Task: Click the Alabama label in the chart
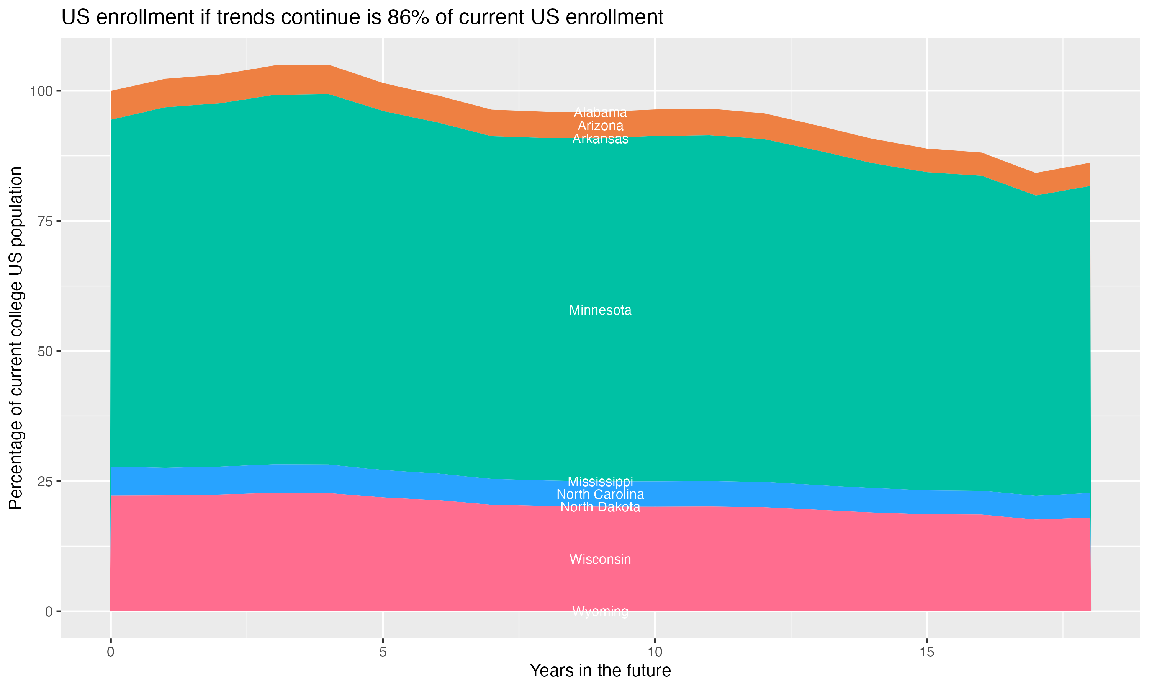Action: point(600,113)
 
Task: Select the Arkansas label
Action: point(600,139)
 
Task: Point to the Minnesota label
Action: point(600,310)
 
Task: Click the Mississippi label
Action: point(600,482)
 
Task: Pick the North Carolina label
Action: point(600,495)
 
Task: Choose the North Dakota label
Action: point(600,507)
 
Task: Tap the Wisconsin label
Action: point(600,559)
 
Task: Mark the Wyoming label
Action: point(600,611)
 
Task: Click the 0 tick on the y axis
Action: point(48,611)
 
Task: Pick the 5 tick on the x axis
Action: point(383,652)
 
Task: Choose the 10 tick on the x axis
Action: point(655,652)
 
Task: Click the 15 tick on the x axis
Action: point(926,652)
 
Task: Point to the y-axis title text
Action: point(16,338)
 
